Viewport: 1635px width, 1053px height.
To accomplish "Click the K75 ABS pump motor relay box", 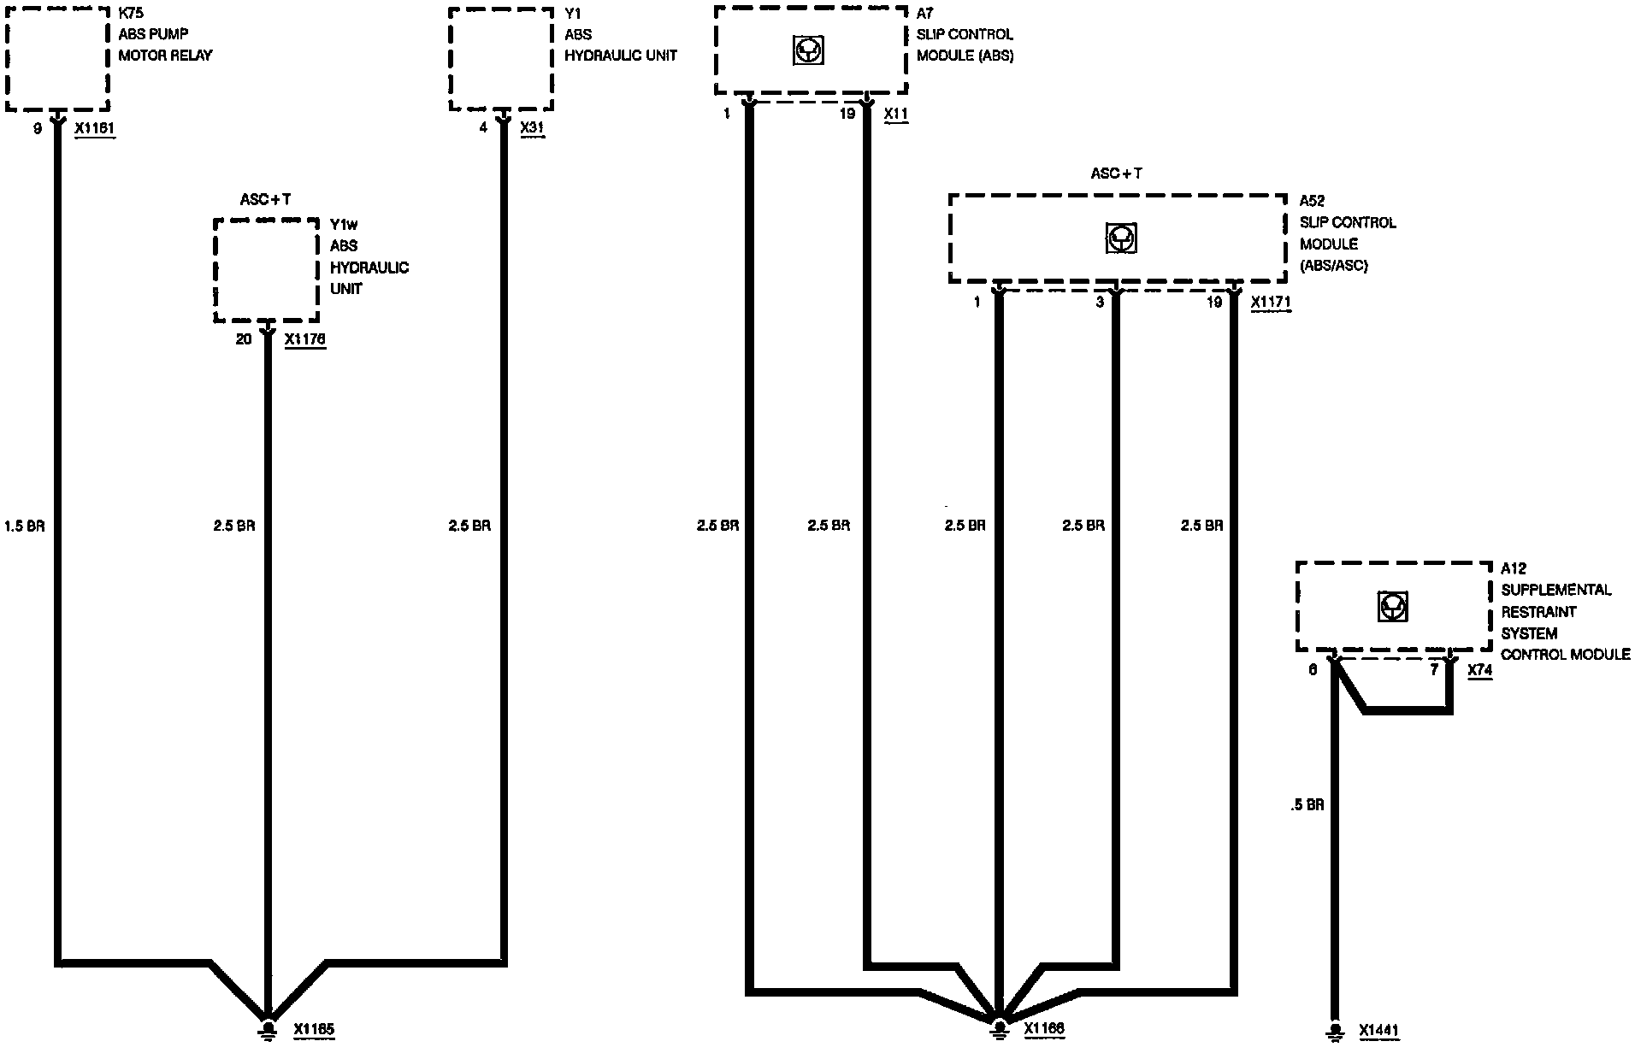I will (57, 59).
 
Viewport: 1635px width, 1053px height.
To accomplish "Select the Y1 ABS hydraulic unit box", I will (501, 59).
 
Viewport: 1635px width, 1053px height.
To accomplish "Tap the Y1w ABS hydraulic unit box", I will (266, 270).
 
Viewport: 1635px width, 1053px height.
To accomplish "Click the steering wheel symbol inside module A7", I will (808, 52).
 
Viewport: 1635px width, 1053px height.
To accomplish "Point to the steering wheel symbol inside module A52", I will (1119, 238).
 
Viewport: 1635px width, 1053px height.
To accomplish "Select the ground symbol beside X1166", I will (998, 1028).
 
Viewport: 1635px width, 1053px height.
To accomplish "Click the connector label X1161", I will (95, 128).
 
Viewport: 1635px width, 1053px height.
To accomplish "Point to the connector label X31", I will (532, 128).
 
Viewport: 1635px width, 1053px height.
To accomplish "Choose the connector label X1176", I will (305, 339).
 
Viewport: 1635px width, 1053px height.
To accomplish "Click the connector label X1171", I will (1271, 303).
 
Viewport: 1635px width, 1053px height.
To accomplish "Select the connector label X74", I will (1479, 670).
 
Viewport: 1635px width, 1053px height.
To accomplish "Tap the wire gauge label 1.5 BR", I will (25, 526).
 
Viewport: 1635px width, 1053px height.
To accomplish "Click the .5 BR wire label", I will (1307, 804).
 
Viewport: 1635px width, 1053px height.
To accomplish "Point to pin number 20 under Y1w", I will (244, 339).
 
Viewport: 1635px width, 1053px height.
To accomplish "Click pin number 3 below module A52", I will (1100, 303).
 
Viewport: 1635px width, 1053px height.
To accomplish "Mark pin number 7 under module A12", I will (1434, 670).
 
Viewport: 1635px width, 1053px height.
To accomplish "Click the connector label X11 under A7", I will (896, 114).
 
